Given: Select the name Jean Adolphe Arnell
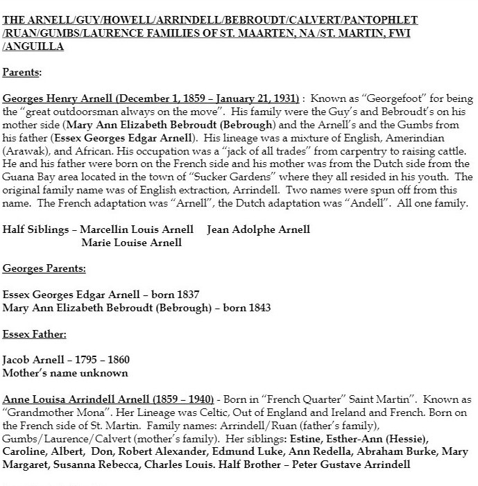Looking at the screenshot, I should pyautogui.click(x=258, y=229).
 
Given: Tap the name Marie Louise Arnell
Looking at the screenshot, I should pyautogui.click(x=132, y=242).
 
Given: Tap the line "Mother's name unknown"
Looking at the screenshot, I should pyautogui.click(x=65, y=372).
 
